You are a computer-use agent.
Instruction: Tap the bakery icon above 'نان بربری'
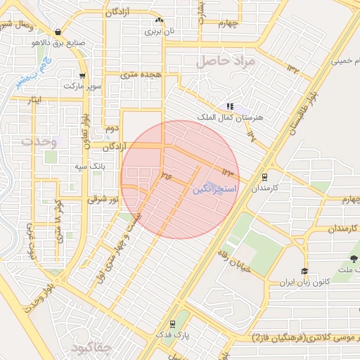pos(160,20)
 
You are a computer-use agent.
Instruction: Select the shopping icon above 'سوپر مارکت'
pos(83,75)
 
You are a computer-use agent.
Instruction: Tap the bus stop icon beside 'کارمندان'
pos(264,177)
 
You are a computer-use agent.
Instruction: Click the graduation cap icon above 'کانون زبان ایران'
pos(304,271)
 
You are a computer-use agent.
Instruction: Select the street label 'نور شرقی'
pos(103,200)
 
